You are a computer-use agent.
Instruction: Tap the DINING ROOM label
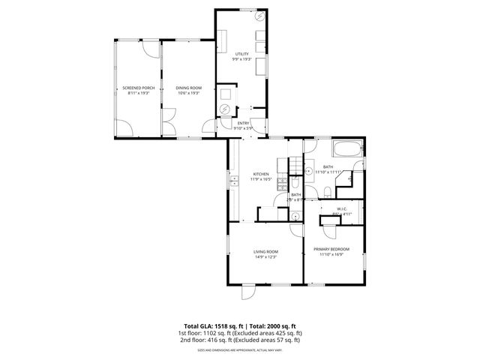tap(188, 88)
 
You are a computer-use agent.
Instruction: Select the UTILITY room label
tap(241, 54)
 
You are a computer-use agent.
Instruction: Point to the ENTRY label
tap(244, 123)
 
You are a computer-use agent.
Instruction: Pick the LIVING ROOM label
tap(265, 251)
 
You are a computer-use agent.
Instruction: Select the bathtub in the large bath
tap(346, 148)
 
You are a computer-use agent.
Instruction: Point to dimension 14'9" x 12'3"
tap(265, 257)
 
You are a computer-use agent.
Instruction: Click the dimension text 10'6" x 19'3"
tap(188, 94)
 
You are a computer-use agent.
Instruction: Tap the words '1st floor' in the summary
tap(189, 333)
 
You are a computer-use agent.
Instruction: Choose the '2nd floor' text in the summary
tap(191, 340)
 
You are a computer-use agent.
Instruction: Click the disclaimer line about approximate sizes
tap(240, 349)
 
